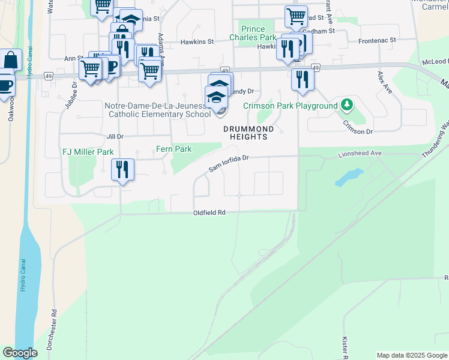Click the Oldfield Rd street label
coord(209,213)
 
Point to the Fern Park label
coord(173,149)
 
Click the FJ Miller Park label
coord(88,152)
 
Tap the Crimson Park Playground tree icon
coord(346,106)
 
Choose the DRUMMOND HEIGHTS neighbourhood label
coord(249,133)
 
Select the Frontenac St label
coord(378,40)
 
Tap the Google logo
coord(20,353)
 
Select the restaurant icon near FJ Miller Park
coord(122,170)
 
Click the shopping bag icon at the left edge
coord(10,60)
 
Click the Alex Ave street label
coord(384,82)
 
